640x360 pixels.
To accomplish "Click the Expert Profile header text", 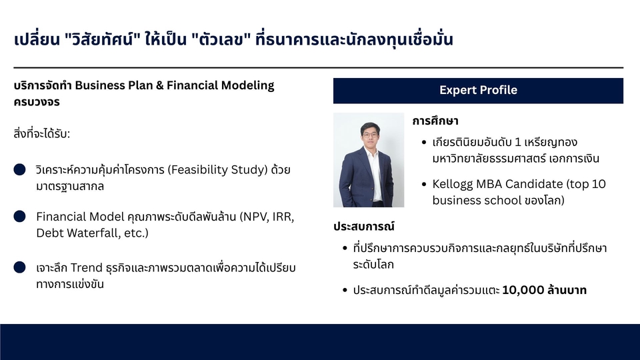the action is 478,90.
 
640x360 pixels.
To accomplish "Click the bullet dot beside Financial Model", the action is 19,216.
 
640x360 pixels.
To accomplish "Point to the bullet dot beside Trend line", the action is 19,267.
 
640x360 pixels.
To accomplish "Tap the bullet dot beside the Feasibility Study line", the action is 19,169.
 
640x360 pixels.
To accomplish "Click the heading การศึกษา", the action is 435,121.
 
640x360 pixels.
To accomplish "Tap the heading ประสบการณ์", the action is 364,226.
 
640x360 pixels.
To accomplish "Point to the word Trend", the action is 87,268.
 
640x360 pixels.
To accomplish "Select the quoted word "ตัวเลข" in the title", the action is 221,39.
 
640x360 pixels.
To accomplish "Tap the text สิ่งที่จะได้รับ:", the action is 41,133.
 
